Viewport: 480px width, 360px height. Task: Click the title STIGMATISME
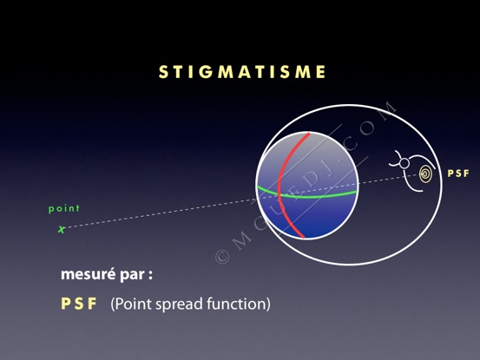(242, 72)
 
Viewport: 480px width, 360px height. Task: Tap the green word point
(64, 208)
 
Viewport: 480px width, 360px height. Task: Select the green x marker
(62, 229)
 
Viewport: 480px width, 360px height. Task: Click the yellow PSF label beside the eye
(458, 173)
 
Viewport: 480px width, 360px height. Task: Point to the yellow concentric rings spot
(425, 174)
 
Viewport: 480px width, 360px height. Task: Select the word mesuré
(89, 274)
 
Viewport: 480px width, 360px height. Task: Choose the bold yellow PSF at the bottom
(79, 304)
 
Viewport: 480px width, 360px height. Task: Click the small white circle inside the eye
(404, 163)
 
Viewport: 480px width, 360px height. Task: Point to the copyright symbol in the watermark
(222, 257)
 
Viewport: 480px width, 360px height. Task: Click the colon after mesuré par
(150, 276)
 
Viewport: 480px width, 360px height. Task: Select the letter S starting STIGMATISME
(163, 72)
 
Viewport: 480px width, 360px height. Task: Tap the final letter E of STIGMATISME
(321, 72)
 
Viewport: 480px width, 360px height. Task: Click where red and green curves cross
(279, 194)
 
